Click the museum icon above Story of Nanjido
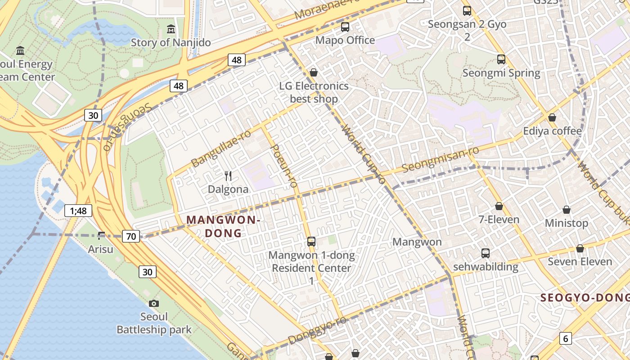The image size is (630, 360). pyautogui.click(x=171, y=30)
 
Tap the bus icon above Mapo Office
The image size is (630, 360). pyautogui.click(x=345, y=27)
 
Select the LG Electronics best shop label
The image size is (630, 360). pyautogui.click(x=314, y=92)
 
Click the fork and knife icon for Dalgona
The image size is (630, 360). pyautogui.click(x=228, y=176)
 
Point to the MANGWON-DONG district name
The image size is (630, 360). pyautogui.click(x=223, y=226)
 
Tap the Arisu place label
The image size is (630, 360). pyautogui.click(x=100, y=249)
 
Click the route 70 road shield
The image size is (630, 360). pyautogui.click(x=131, y=236)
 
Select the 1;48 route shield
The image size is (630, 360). pyautogui.click(x=78, y=210)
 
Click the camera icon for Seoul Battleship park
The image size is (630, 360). pyautogui.click(x=154, y=303)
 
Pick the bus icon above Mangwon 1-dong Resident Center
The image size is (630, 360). pyautogui.click(x=311, y=242)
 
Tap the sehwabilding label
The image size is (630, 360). pyautogui.click(x=486, y=266)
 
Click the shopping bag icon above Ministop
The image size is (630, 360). pyautogui.click(x=567, y=210)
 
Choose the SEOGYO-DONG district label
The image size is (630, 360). pyautogui.click(x=585, y=298)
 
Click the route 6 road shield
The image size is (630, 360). pyautogui.click(x=565, y=338)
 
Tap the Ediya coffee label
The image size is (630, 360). pyautogui.click(x=552, y=131)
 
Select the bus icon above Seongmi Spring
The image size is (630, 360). pyautogui.click(x=501, y=59)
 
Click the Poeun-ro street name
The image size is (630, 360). pyautogui.click(x=284, y=166)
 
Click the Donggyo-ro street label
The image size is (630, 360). pyautogui.click(x=317, y=330)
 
